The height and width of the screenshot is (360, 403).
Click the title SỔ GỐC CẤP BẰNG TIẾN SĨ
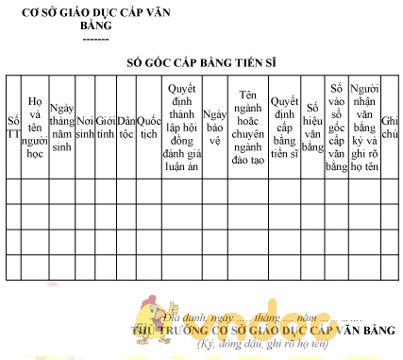200,63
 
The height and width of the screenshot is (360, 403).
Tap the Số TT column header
12,128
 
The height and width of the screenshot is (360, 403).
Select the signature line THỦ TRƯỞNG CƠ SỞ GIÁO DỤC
261,331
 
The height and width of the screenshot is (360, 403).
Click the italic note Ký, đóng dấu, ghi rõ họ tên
261,344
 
